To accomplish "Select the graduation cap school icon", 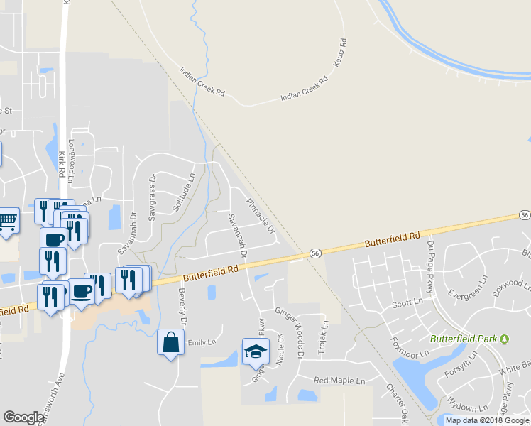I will click(256, 351).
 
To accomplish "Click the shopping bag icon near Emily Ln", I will click(170, 342).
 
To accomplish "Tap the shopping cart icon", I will click(7, 220).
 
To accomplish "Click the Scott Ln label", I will click(407, 304).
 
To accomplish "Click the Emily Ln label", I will click(201, 342).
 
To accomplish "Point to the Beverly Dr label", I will click(182, 307).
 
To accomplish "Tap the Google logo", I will click(23, 417).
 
